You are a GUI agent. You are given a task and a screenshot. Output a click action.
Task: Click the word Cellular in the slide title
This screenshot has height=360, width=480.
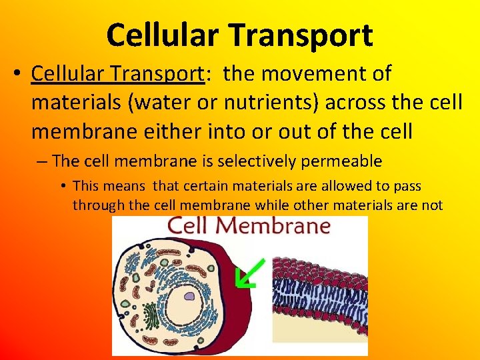point(160,35)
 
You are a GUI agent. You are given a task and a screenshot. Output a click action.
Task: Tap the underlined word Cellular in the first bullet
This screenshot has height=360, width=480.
point(67,74)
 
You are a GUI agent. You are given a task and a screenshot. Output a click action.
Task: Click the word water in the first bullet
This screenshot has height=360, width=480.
point(157,103)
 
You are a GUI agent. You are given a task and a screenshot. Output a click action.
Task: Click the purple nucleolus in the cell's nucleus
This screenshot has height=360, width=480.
point(189,297)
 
